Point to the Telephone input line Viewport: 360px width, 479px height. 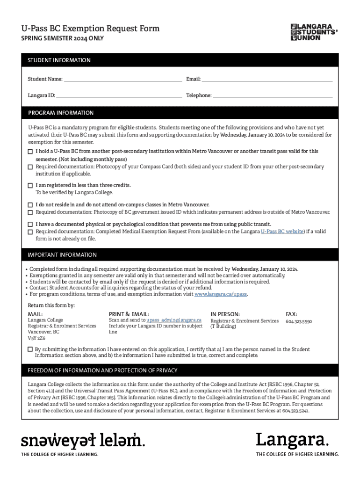pos(273,95)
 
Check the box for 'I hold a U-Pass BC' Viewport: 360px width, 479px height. pos(30,152)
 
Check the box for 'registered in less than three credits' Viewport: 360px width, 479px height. pos(30,185)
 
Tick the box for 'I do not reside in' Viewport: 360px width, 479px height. pos(30,205)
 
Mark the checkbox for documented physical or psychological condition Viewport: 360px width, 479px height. pos(30,225)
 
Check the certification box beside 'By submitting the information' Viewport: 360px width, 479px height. pos(30,349)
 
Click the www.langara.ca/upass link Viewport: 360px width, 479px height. pos(221,295)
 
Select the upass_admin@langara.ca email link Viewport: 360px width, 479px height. pos(174,320)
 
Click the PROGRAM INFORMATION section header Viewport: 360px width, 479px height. pos(61,113)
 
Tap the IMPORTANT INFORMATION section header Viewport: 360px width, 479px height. pos(62,255)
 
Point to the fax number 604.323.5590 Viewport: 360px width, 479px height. pos(299,322)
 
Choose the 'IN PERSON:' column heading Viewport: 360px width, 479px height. pos(225,314)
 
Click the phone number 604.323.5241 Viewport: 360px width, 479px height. pos(295,411)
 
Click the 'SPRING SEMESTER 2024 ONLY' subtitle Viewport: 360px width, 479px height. pos(62,38)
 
